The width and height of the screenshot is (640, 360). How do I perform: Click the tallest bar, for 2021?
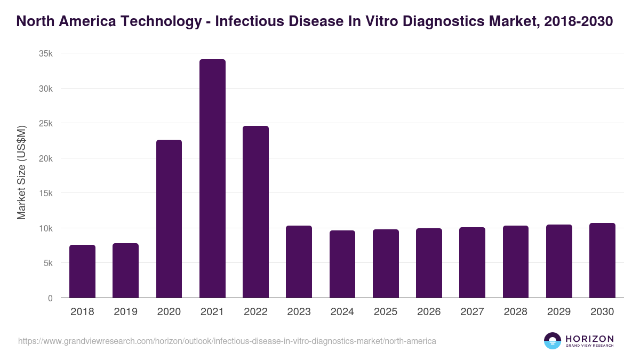[x=212, y=179]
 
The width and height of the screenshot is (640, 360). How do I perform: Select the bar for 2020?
[x=169, y=219]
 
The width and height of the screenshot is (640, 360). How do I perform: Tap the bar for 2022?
[x=255, y=212]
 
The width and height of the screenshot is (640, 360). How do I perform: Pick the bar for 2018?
[x=82, y=271]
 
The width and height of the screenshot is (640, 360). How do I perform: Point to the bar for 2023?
[x=299, y=261]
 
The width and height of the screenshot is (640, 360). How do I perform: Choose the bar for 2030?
[x=602, y=260]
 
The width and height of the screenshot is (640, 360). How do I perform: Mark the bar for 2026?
[x=429, y=263]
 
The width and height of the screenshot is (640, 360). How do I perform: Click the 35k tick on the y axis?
[x=46, y=53]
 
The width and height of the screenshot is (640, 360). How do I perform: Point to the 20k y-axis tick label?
[x=46, y=158]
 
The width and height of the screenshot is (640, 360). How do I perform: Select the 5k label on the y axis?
[x=48, y=263]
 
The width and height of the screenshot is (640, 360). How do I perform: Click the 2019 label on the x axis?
[x=126, y=312]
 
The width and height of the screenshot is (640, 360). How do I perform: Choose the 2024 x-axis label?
[x=342, y=312]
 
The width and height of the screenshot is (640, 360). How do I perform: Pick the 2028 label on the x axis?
[x=516, y=312]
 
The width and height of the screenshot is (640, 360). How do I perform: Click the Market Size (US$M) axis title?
[x=22, y=172]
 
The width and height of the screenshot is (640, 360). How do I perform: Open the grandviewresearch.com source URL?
[x=227, y=341]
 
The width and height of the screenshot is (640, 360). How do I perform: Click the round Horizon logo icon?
[x=553, y=341]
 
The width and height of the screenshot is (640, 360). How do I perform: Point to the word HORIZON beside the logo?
[x=589, y=338]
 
